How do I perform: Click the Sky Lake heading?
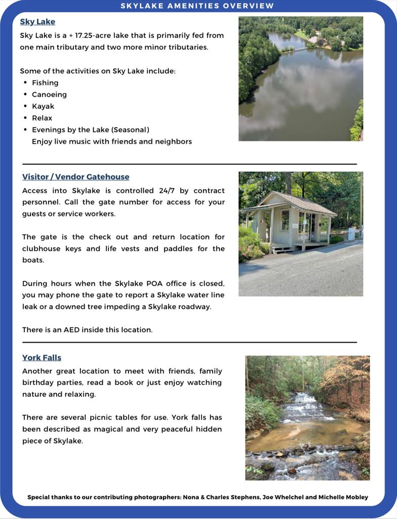pyautogui.click(x=37, y=22)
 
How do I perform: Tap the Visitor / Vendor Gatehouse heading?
pyautogui.click(x=75, y=177)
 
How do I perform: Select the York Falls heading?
pyautogui.click(x=42, y=357)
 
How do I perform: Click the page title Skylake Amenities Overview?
pyautogui.click(x=197, y=6)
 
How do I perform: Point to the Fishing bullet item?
pyautogui.click(x=45, y=83)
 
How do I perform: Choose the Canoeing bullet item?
pyautogui.click(x=49, y=94)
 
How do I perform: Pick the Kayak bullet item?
pyautogui.click(x=43, y=106)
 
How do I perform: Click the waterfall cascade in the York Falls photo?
pyautogui.click(x=306, y=405)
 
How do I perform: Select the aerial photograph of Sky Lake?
pyautogui.click(x=301, y=79)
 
